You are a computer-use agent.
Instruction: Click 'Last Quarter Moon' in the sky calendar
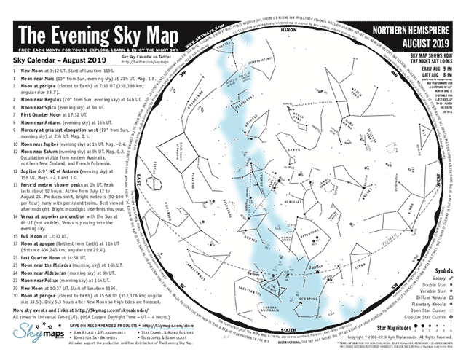click(x=44, y=257)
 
